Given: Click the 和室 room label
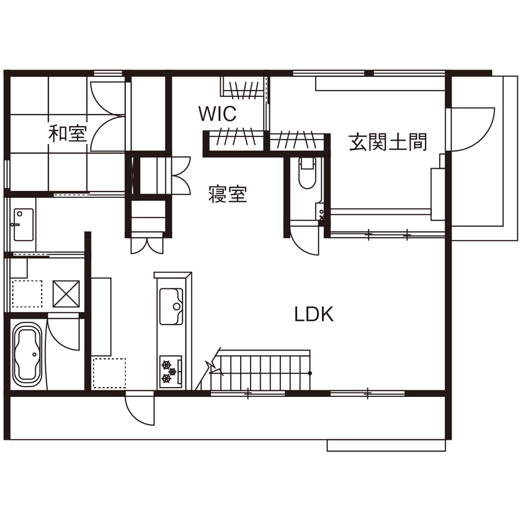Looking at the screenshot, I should click(68, 133).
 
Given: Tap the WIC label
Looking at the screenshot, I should click(217, 114).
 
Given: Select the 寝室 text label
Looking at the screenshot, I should click(227, 195).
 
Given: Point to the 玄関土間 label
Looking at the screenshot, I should click(388, 142).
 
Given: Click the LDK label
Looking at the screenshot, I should click(314, 314).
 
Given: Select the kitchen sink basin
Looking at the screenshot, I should click(172, 306).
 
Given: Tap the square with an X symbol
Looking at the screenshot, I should click(66, 293).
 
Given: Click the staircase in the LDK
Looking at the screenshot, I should click(264, 370).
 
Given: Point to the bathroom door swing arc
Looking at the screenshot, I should click(65, 336).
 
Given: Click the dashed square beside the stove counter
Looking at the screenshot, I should click(109, 373).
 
